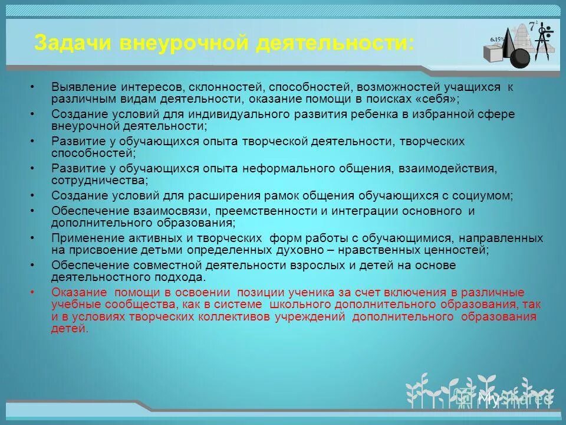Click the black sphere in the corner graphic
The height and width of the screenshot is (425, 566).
point(519,58)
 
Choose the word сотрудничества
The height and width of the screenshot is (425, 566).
point(99,180)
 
